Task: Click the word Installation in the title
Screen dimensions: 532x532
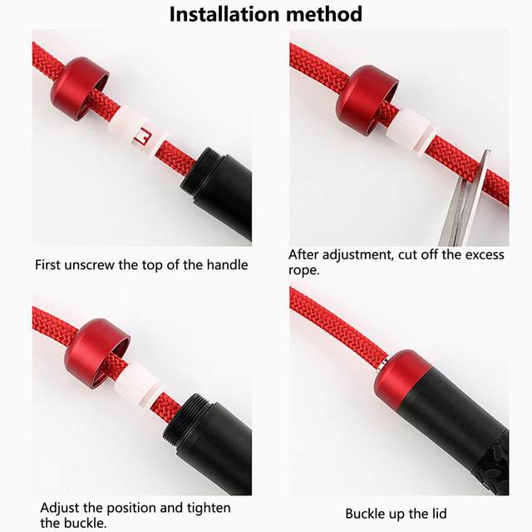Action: [x=224, y=14]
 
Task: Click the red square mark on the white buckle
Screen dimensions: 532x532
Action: [x=142, y=136]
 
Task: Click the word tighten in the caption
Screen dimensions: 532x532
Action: [x=209, y=508]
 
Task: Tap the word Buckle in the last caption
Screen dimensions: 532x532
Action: [x=365, y=514]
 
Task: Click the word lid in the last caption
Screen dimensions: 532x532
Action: [x=439, y=514]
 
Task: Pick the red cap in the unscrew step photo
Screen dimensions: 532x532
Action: [x=80, y=89]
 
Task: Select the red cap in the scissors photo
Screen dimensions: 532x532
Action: [x=367, y=101]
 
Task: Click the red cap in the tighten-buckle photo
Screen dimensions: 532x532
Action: [x=97, y=353]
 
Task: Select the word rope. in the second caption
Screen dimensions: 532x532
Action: [x=304, y=270]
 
